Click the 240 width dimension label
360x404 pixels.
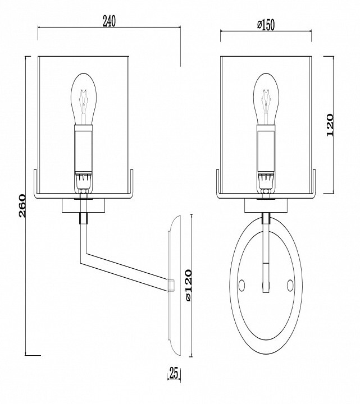tap(110, 21)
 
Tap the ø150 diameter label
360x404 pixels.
tap(266, 25)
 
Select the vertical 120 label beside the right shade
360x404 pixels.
tap(330, 125)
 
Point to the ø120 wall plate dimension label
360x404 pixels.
tap(189, 285)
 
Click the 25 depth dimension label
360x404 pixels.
tap(174, 373)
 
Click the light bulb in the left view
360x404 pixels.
tap(84, 99)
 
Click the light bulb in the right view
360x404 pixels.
tap(266, 99)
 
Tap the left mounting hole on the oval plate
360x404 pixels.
tap(242, 285)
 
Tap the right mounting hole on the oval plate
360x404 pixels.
tap(290, 285)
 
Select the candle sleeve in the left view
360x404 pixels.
tap(83, 149)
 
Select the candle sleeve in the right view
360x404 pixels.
tap(266, 149)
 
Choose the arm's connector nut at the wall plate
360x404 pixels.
tap(171, 286)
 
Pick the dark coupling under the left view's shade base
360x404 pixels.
tap(83, 218)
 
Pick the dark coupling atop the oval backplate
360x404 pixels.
tap(266, 218)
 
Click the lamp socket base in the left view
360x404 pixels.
tap(83, 182)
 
